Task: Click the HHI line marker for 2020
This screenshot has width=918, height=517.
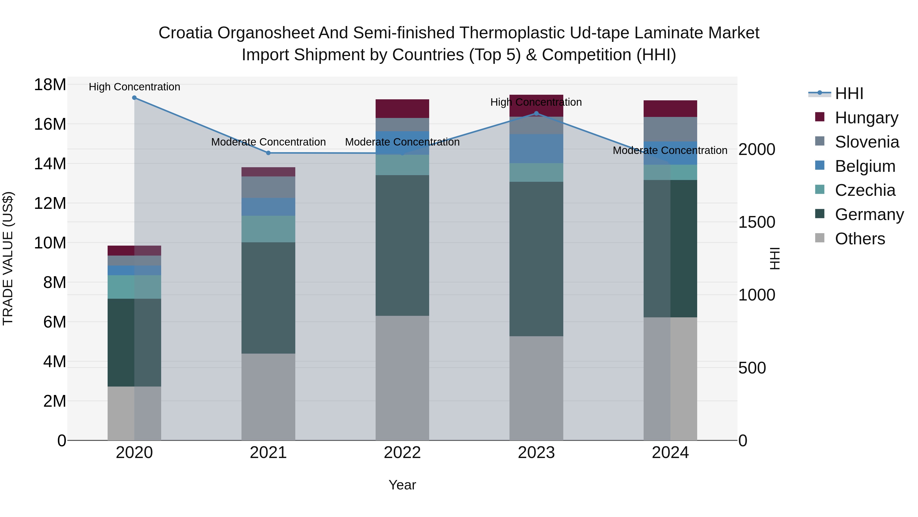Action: [x=134, y=98]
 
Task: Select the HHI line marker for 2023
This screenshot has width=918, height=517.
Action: [x=536, y=113]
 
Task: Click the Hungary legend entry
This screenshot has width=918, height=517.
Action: [x=866, y=118]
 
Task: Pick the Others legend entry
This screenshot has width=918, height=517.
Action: [x=860, y=239]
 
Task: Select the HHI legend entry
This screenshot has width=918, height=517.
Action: [x=849, y=93]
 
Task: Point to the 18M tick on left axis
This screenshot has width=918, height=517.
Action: [x=50, y=85]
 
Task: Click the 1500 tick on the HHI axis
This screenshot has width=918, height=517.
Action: [x=757, y=222]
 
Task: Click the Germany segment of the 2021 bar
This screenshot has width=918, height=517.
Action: [x=268, y=298]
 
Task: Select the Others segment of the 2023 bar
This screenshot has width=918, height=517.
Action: [x=536, y=388]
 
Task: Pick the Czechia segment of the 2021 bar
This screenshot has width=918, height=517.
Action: [x=268, y=229]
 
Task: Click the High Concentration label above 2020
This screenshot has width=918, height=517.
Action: [x=134, y=87]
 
